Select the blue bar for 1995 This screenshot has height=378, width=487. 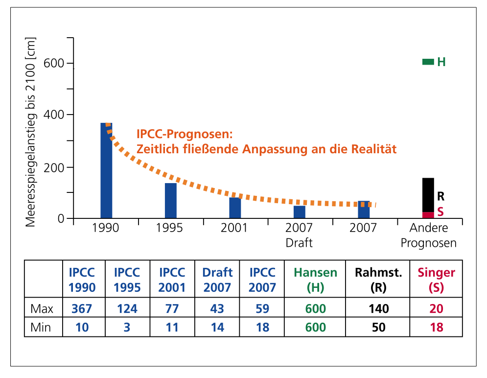171,200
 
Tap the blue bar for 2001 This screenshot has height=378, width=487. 235,208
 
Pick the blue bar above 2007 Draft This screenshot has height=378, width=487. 300,212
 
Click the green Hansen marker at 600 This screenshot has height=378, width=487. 428,62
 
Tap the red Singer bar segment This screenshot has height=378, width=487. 428,215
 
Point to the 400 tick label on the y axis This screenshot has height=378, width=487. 54,115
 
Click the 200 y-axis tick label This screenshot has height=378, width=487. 54,167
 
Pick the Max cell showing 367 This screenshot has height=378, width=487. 82,308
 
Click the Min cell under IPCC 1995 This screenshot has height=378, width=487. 127,327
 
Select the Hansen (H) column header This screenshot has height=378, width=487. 316,280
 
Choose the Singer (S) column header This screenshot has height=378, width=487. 436,280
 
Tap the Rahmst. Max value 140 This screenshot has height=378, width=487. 378,308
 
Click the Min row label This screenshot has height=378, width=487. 42,327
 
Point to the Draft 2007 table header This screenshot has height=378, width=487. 217,280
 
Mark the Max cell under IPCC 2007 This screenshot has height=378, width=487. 263,308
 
